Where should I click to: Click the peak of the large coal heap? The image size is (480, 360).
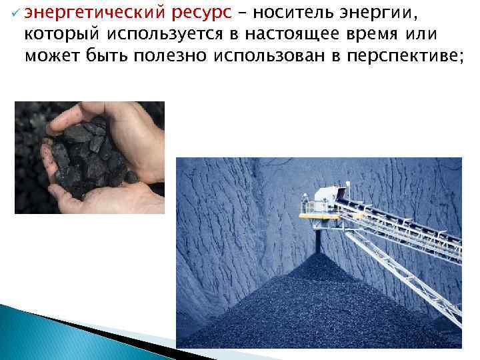pos(319,256)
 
